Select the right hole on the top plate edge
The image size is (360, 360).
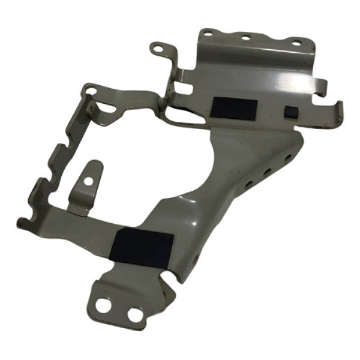point(296,43)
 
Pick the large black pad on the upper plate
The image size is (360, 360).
point(234,109)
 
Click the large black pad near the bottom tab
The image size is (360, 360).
point(143,247)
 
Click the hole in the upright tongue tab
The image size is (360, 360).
point(89,180)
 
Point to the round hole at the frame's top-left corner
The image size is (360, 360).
point(91,91)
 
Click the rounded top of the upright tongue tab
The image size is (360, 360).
point(94,164)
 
